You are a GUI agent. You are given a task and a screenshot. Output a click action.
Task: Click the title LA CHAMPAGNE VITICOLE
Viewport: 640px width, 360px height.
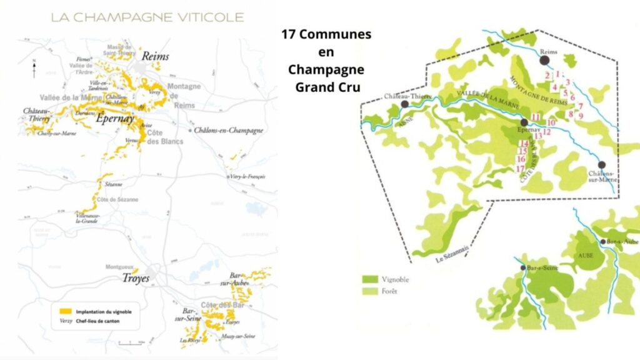(147, 17)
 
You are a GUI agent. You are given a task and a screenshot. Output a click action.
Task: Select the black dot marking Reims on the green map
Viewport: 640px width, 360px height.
(544, 60)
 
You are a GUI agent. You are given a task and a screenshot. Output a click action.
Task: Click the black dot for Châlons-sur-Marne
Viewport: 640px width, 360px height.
(601, 164)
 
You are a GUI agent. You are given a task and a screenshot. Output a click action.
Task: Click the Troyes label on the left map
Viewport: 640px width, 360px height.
(136, 278)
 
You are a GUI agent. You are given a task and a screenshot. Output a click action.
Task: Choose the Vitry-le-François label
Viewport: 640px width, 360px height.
(247, 177)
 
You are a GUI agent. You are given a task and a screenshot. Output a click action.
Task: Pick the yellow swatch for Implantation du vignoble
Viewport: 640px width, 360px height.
(62, 311)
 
